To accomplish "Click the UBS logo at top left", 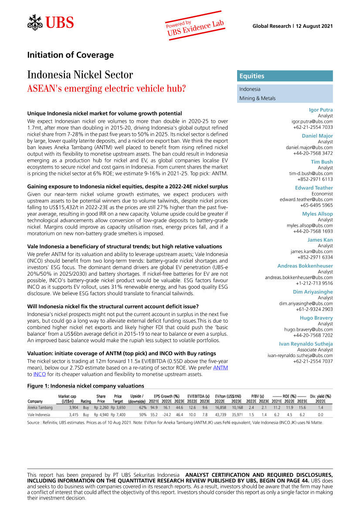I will pos(51,22).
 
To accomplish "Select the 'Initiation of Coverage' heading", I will pos(70,55).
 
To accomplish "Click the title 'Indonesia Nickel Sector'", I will pos(80,75).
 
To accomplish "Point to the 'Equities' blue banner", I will pos(285,76).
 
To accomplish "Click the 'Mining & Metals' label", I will pos(257,98).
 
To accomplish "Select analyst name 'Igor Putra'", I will pos(320,110).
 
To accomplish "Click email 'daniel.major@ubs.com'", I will pos(309,148).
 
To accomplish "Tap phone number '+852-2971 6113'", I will pos(315,179).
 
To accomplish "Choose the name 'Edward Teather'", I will pos(314,188).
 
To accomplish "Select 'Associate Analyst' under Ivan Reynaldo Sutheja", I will pos(315,350).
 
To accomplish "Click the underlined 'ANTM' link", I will pos(220,368).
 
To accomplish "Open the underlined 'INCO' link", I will pos(39,374).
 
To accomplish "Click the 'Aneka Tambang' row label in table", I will pos(40,408).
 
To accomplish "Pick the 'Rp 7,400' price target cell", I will pos(118,415).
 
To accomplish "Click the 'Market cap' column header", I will pos(67,397).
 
